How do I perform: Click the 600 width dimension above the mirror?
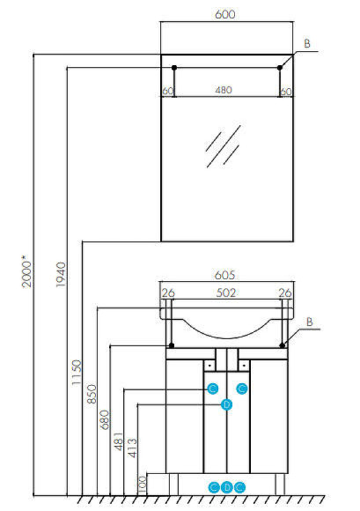pyautogui.click(x=226, y=14)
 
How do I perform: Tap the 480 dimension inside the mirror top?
pyautogui.click(x=226, y=90)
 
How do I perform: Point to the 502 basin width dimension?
pyautogui.click(x=226, y=293)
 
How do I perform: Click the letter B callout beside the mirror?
pyautogui.click(x=307, y=42)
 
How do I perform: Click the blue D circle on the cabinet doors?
pyautogui.click(x=226, y=404)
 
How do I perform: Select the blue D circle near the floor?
pyautogui.click(x=226, y=486)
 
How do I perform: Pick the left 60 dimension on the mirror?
pyautogui.click(x=167, y=90)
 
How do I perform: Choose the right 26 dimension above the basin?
pyautogui.click(x=284, y=293)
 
